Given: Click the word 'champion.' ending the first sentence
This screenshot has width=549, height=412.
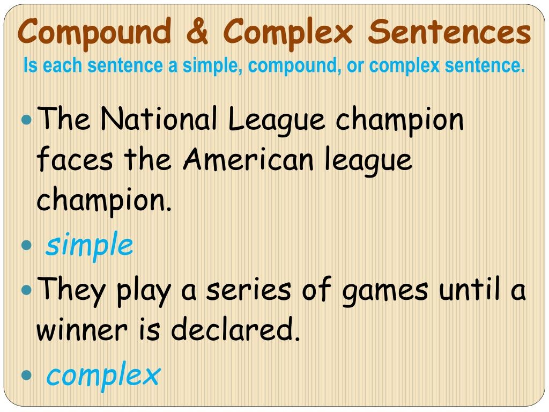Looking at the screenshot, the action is pos(105,200).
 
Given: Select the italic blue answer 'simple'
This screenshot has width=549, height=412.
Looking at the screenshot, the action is pos(90,244).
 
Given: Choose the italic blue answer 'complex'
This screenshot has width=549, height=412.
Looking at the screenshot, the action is pos(103,374).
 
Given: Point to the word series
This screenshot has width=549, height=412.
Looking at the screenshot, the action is pos(248,290).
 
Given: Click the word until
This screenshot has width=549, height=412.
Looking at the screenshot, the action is pos(470,289).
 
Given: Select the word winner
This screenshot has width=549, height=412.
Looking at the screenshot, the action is pos(82,329).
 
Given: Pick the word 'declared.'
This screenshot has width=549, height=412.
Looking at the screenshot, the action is pos(236,328).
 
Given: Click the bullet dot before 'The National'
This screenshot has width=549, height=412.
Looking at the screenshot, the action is pos(27,120).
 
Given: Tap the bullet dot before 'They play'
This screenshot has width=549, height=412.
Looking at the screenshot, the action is pos(27,290).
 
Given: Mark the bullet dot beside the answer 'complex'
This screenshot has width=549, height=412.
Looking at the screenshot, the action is pos(27,375).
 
